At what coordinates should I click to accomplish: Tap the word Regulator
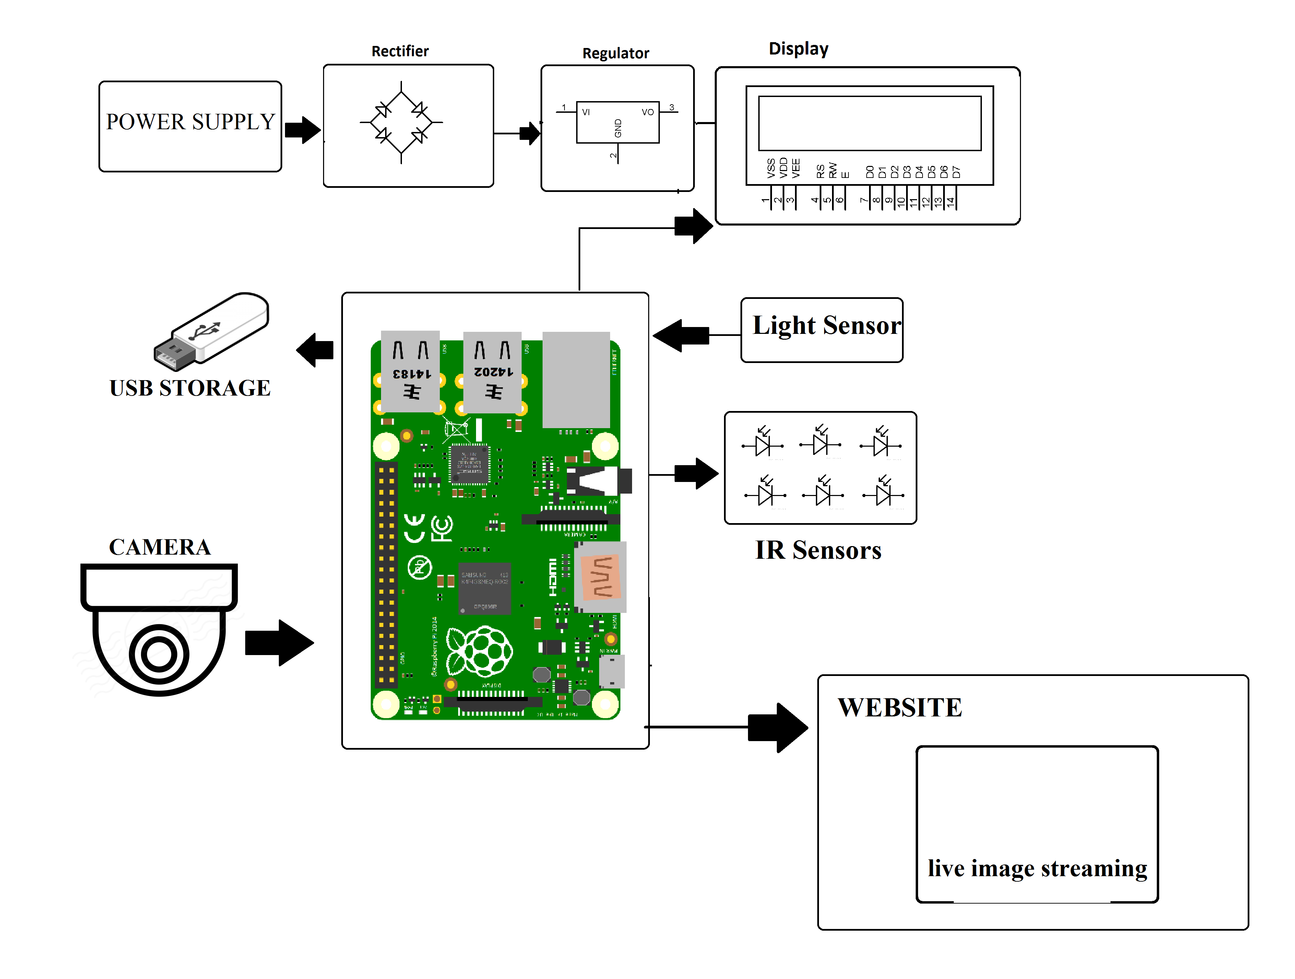(615, 53)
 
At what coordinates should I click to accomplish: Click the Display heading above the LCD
(798, 49)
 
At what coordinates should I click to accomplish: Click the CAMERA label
(159, 547)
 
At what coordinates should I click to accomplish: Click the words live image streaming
(1037, 868)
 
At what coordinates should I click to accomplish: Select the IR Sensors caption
(818, 550)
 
